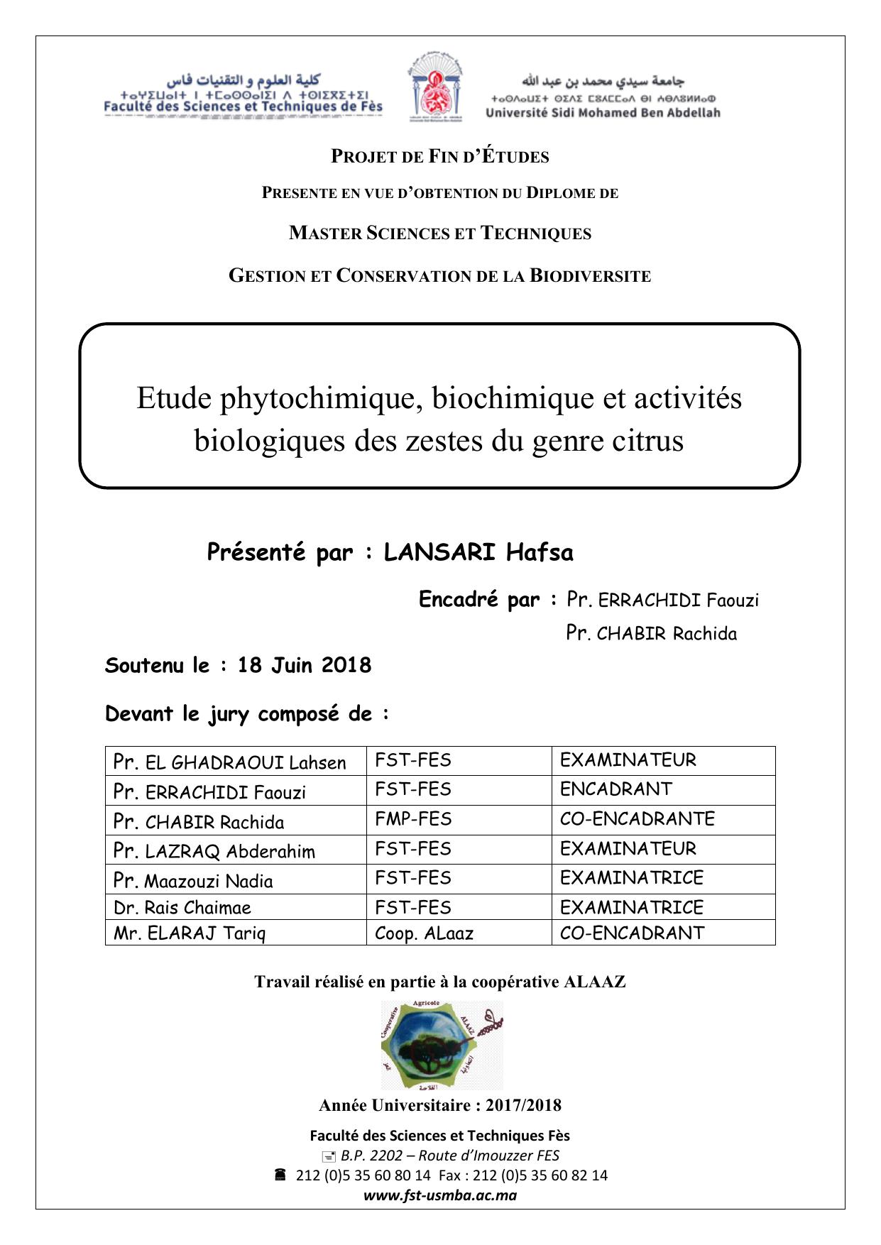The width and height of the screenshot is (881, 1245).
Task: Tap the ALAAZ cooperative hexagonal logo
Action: [442, 1044]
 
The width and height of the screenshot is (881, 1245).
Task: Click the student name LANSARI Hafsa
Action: [478, 552]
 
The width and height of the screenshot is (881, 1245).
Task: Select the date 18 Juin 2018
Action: [305, 665]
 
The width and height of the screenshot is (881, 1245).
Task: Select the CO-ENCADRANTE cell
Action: [637, 819]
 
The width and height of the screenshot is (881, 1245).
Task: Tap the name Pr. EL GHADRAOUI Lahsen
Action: [229, 762]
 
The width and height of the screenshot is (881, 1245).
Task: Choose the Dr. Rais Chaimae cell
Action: [182, 907]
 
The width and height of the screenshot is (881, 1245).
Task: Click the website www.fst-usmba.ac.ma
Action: [440, 1195]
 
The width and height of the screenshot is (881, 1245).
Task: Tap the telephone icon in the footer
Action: [280, 1175]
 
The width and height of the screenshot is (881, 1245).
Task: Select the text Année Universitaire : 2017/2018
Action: [440, 1105]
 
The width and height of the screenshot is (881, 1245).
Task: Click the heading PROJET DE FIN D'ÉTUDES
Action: [440, 157]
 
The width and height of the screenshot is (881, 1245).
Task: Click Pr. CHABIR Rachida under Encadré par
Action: [651, 633]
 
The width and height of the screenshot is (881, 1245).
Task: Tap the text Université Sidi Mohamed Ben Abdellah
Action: [603, 113]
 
